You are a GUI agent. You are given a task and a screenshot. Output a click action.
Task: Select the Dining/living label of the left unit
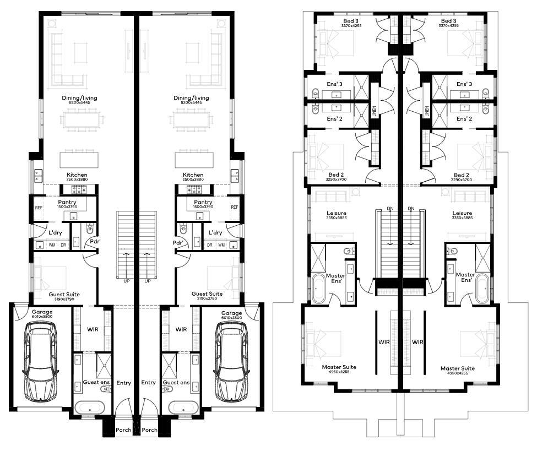click(x=79, y=98)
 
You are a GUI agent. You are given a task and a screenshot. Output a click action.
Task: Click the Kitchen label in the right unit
click(x=193, y=175)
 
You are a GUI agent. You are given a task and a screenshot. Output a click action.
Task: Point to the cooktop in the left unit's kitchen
click(x=79, y=189)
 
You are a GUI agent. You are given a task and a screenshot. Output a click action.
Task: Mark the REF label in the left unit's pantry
click(x=39, y=208)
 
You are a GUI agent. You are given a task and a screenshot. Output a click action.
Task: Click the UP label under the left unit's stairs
click(x=126, y=281)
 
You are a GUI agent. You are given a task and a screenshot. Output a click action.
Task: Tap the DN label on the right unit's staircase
click(x=411, y=208)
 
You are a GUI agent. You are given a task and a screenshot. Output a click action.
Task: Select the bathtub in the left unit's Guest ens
click(x=89, y=408)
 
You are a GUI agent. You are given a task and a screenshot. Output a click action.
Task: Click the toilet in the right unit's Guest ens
click(x=168, y=389)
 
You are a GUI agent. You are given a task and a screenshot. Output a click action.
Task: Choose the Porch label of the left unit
click(x=123, y=430)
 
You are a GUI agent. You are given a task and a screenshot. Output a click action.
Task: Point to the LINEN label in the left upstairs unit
click(x=374, y=111)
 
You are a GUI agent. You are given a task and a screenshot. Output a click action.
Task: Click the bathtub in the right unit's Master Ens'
click(x=482, y=289)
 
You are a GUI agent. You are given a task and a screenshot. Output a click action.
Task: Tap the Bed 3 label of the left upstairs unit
click(x=351, y=21)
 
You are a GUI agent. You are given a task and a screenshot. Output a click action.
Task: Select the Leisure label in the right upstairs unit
click(x=462, y=213)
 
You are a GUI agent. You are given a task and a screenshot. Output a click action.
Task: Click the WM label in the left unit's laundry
click(x=52, y=245)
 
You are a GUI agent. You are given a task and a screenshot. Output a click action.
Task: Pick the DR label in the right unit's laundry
click(x=210, y=245)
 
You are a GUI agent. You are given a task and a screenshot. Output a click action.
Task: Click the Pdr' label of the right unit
click(x=178, y=243)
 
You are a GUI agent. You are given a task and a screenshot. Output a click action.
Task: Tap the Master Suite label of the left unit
click(x=339, y=367)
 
